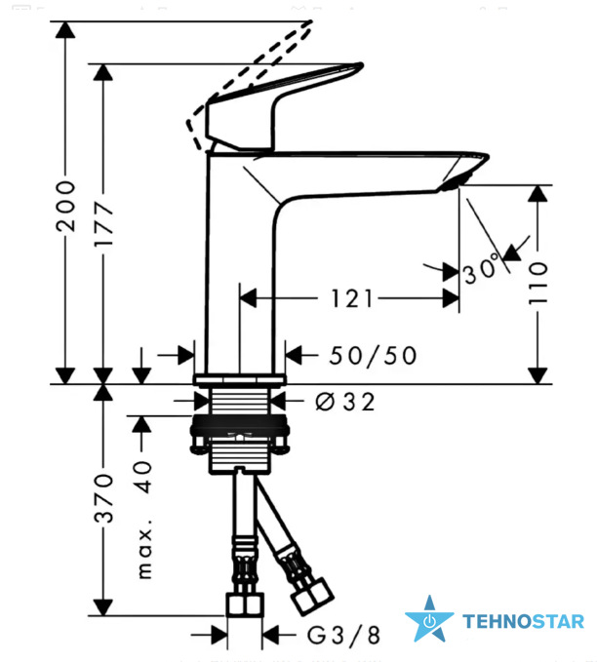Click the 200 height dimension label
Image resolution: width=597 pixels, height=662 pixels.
[x=65, y=206]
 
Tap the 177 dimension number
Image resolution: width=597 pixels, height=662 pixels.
[x=103, y=224]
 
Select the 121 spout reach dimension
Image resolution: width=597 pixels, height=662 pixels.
[x=351, y=298]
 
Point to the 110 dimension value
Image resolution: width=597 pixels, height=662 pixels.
[x=537, y=282]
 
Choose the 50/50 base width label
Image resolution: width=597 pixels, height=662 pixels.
[x=373, y=355]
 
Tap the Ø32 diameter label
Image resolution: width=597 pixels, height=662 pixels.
[x=345, y=402]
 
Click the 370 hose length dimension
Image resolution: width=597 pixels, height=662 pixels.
[x=103, y=498]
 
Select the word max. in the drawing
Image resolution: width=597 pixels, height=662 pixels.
[x=144, y=553]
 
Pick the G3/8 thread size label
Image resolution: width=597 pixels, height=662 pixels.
[x=343, y=635]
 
